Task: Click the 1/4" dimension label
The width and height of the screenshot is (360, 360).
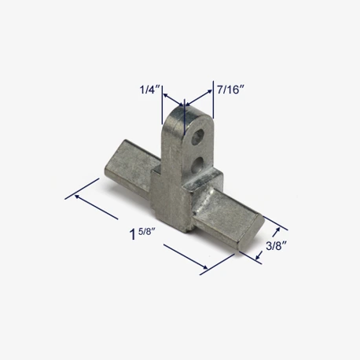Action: click(x=149, y=90)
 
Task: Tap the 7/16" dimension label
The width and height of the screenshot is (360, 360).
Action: click(x=230, y=90)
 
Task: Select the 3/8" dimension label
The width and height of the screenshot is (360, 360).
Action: click(x=276, y=246)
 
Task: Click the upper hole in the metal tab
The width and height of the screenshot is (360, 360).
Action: click(x=197, y=137)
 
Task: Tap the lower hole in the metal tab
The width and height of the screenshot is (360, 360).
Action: click(x=197, y=165)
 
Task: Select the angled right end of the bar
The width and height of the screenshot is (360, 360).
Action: click(x=251, y=233)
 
